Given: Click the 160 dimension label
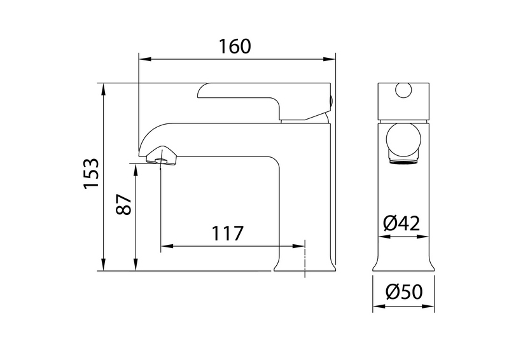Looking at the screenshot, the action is tap(235, 46).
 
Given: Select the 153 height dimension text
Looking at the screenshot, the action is tap(91, 174).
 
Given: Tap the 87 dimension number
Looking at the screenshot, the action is tap(123, 205).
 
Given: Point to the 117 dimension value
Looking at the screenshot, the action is tap(227, 233).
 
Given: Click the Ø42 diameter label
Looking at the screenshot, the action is tap(401, 223).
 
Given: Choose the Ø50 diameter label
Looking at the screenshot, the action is tap(404, 291).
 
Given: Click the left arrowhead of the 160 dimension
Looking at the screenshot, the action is tap(145, 59).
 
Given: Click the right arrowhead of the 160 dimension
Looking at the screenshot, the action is tap(328, 59).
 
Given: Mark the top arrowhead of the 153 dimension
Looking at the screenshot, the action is tap(104, 90).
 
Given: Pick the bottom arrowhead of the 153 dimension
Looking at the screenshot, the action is tap(104, 264).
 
